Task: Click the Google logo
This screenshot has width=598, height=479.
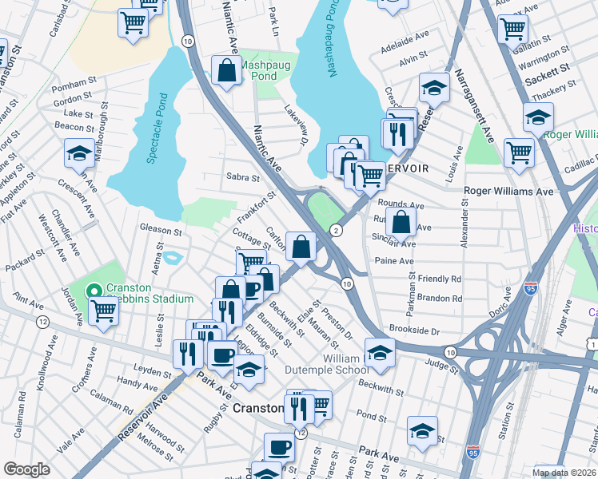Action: point(26,469)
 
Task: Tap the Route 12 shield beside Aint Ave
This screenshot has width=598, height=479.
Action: point(42,321)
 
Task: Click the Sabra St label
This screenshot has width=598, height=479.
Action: point(243,177)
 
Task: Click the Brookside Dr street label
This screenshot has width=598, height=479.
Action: point(414,330)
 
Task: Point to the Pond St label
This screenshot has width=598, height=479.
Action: point(372,416)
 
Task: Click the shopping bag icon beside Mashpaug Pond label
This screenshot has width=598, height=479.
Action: point(227,70)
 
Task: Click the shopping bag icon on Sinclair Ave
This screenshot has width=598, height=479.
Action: point(404,222)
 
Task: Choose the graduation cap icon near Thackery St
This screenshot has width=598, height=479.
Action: point(538,117)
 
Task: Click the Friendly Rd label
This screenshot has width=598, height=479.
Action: point(439,279)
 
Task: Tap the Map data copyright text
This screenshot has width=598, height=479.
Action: point(564,472)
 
